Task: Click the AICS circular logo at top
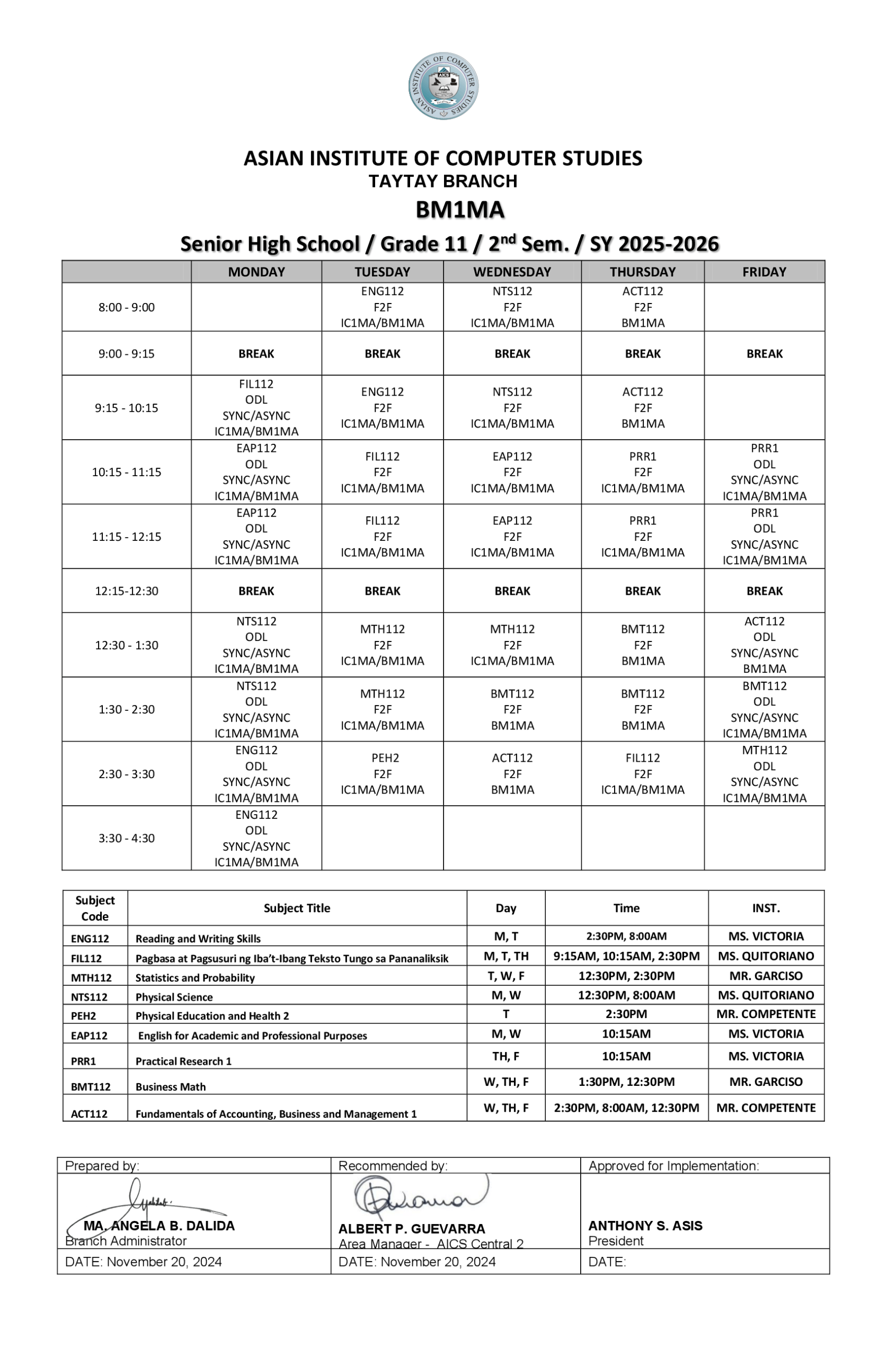point(443,86)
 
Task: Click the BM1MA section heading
point(459,210)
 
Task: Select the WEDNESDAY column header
point(511,272)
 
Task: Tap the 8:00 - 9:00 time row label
point(126,307)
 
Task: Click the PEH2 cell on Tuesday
point(382,773)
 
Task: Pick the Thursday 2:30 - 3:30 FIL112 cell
point(642,773)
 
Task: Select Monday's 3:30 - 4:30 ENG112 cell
point(256,837)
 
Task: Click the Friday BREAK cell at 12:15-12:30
point(764,591)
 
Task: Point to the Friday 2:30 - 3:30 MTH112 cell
point(764,773)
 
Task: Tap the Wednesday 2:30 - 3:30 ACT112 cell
point(511,773)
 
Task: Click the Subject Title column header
point(296,908)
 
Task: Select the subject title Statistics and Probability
point(195,978)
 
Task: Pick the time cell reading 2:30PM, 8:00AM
point(626,936)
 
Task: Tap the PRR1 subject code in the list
point(83,1061)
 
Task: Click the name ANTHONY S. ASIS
point(645,1226)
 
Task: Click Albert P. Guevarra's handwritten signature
point(419,1197)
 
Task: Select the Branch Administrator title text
point(126,1241)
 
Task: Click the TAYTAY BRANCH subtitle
point(442,181)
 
